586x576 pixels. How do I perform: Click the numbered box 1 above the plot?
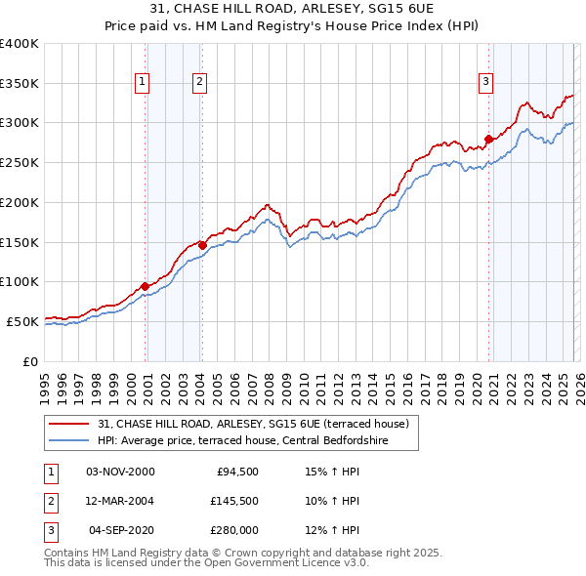tap(143, 83)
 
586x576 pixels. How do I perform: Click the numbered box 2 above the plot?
tap(199, 83)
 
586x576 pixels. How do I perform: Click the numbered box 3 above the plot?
tap(484, 83)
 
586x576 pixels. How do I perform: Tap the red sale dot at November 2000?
tap(146, 286)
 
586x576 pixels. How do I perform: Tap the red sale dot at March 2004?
tap(202, 245)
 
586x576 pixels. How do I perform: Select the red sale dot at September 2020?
tap(488, 139)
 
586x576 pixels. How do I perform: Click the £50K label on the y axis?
tap(22, 321)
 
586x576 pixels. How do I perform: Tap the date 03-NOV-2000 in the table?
tap(120, 472)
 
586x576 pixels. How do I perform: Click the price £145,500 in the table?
tap(234, 501)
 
